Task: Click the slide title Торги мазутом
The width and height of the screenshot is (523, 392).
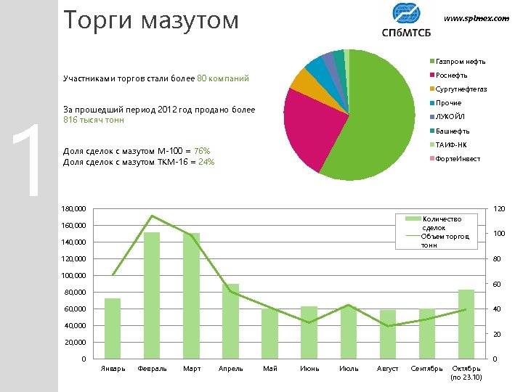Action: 150,20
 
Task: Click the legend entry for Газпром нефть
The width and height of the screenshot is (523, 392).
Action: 460,62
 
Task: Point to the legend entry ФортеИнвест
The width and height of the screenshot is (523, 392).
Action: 457,159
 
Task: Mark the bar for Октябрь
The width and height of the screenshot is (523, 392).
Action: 466,323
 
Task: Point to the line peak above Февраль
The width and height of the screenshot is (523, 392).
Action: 152,216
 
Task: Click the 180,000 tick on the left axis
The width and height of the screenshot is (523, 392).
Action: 73,210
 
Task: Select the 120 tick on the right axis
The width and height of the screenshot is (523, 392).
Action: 500,209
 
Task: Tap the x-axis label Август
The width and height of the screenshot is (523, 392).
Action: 387,369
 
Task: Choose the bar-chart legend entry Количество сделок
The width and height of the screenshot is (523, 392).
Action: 441,223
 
